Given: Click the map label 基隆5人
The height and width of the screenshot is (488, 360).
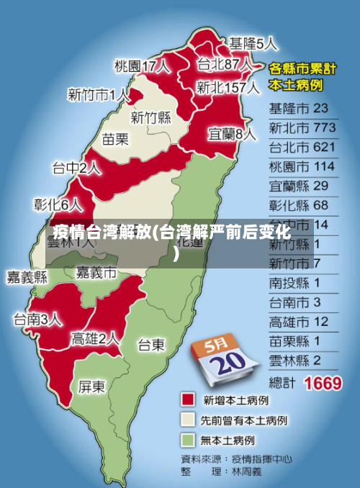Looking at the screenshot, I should click(253, 43).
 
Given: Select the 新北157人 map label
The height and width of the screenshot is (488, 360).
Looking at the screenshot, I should click(228, 88).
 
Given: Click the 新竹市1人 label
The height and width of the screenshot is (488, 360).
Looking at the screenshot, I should click(99, 94).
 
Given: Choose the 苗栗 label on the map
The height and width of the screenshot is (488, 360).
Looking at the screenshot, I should click(115, 139).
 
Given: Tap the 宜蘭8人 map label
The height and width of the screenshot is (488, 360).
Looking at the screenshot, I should click(232, 134).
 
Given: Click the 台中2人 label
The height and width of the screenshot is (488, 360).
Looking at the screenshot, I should click(76, 169).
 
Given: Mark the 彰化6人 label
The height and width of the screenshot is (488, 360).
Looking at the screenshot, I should click(58, 204).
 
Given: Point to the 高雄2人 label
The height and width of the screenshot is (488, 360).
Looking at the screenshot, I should click(95, 338).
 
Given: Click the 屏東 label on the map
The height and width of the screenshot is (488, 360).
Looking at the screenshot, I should click(91, 387).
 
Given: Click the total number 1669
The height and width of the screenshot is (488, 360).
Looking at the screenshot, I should click(323, 382).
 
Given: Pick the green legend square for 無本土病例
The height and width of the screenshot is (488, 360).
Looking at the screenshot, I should click(189, 438).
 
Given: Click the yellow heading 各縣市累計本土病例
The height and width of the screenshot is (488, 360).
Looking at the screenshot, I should click(302, 77).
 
